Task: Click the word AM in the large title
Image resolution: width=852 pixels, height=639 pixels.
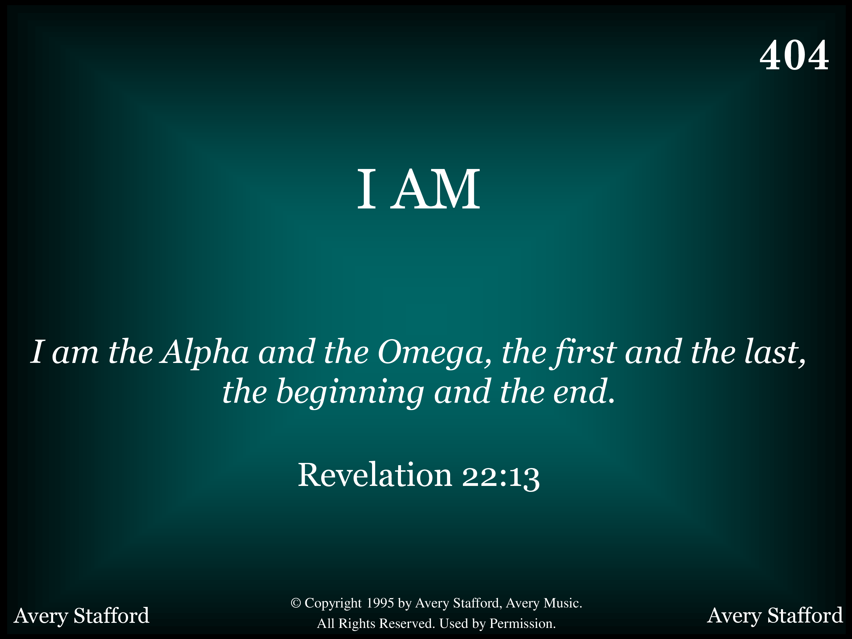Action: pos(435,189)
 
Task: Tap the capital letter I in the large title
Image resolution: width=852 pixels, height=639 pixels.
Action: pos(366,189)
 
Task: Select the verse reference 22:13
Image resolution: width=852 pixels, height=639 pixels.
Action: pos(501,477)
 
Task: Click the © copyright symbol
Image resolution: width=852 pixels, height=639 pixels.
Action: pos(295,603)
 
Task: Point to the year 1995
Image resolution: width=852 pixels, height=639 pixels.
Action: pos(380,603)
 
